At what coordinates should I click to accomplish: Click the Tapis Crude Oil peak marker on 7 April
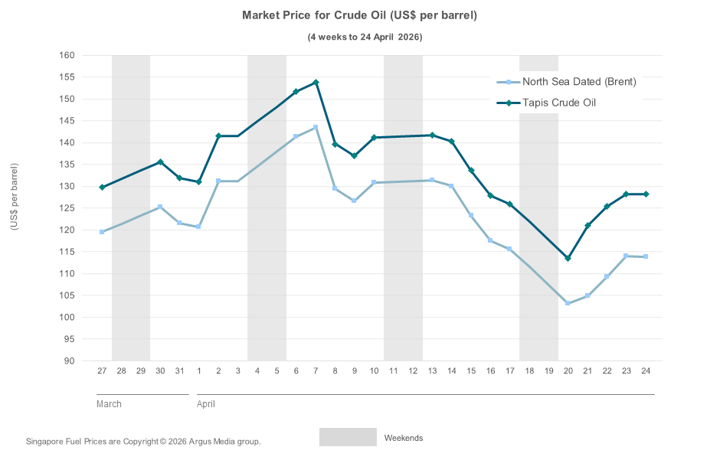[x=316, y=83]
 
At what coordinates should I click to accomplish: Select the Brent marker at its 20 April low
[x=568, y=303]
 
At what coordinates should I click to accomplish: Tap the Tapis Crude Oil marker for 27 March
[x=102, y=187]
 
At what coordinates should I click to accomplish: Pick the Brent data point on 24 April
[x=646, y=256]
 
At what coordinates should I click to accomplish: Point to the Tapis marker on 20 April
[x=568, y=258]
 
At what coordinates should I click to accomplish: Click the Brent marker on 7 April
[x=316, y=127]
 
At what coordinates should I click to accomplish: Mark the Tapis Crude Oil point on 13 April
[x=432, y=135]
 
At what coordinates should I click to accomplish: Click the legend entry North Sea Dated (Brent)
[x=578, y=82]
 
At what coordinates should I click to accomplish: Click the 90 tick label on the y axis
[x=69, y=361]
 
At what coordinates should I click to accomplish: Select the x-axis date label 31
[x=179, y=371]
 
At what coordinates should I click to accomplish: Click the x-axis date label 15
[x=471, y=371]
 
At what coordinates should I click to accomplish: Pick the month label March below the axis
[x=109, y=404]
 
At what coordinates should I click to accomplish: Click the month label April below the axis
[x=206, y=404]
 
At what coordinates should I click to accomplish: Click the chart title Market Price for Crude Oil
[x=360, y=15]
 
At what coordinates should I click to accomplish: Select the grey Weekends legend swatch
[x=348, y=437]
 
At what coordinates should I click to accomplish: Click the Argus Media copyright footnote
[x=143, y=442]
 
